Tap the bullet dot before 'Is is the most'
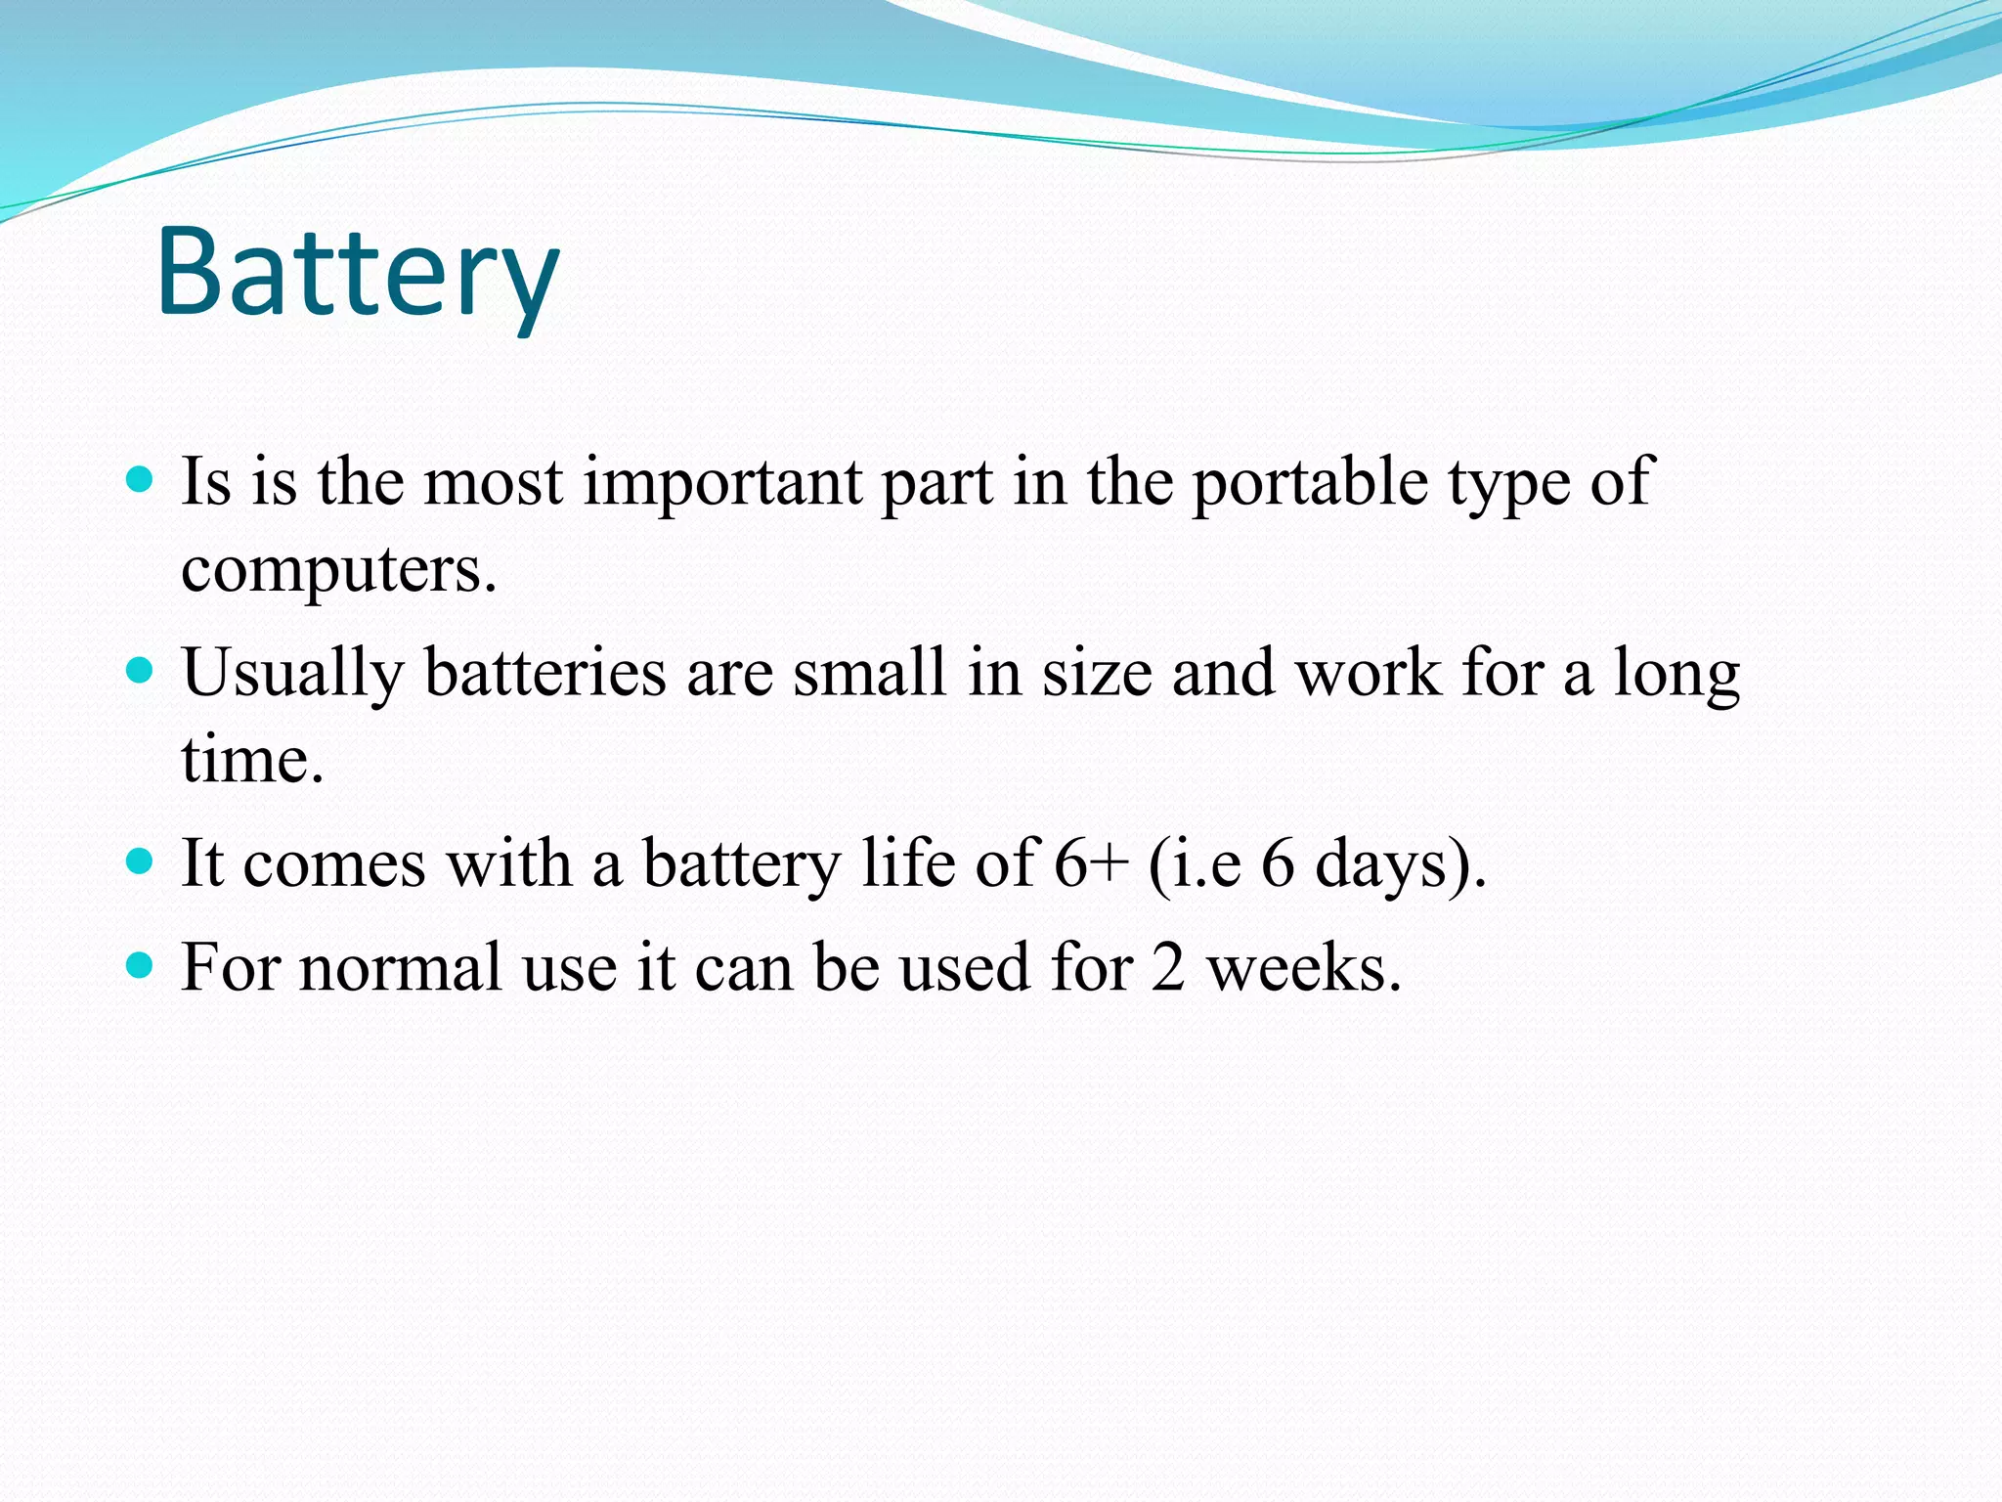(x=141, y=479)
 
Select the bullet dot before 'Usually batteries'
(x=141, y=671)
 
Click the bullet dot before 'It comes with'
(x=141, y=861)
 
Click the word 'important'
(x=722, y=483)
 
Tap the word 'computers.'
(x=339, y=569)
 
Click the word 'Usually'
(x=292, y=675)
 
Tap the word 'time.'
(x=252, y=760)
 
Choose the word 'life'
(x=908, y=862)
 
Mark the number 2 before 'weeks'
(x=1168, y=968)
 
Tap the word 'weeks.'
(x=1304, y=968)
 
